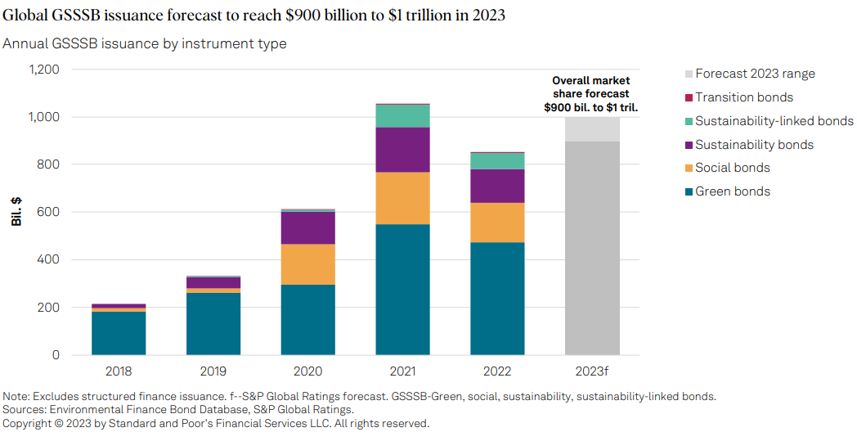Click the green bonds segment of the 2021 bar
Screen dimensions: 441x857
[402, 289]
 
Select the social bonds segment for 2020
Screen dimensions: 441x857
[307, 264]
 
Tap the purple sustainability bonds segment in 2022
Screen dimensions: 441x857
[496, 186]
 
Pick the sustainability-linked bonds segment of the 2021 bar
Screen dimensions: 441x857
[402, 115]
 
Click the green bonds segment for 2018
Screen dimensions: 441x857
[119, 333]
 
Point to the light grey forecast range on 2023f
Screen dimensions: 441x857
[591, 129]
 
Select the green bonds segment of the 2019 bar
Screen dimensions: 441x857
[213, 323]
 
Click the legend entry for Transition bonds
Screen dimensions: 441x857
[743, 97]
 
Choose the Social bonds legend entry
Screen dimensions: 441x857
[732, 168]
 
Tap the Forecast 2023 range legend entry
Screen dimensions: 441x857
[754, 74]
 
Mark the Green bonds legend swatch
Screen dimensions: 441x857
[689, 191]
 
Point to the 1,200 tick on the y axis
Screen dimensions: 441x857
[43, 70]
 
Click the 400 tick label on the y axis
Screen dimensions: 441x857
[48, 260]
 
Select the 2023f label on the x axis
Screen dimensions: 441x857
[591, 371]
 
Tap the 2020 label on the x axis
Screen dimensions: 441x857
[307, 371]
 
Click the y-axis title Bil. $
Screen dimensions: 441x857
[16, 212]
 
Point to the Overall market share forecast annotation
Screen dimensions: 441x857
[591, 94]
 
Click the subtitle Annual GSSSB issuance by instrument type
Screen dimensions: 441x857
[145, 43]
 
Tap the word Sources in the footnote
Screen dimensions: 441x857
[25, 409]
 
